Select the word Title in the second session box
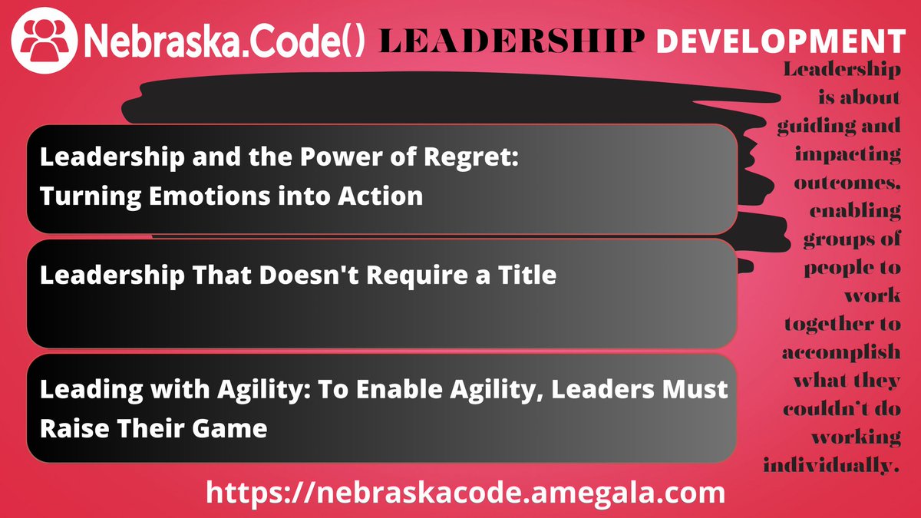529,275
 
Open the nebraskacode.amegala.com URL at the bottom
464,492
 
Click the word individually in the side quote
831,465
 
